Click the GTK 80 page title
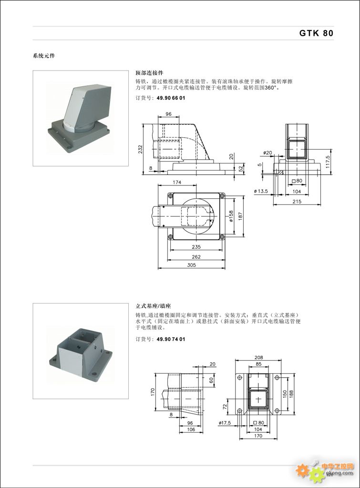pos(316,33)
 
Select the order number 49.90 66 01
pos(170,98)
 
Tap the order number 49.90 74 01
pos(170,339)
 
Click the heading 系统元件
pos(44,56)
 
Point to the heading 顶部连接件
pos(150,73)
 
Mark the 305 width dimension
pos(191,265)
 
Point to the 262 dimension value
pos(196,257)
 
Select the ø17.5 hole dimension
pos(225,423)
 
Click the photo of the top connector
pos(80,118)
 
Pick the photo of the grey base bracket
pos(80,351)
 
